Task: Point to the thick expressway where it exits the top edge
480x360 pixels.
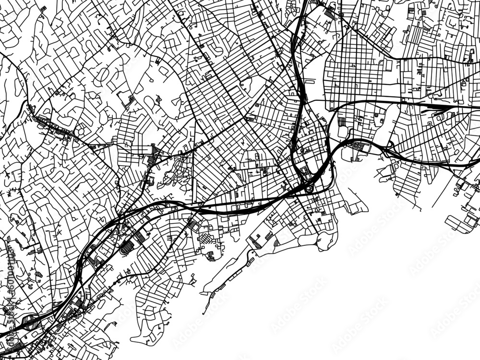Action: coord(304,4)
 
